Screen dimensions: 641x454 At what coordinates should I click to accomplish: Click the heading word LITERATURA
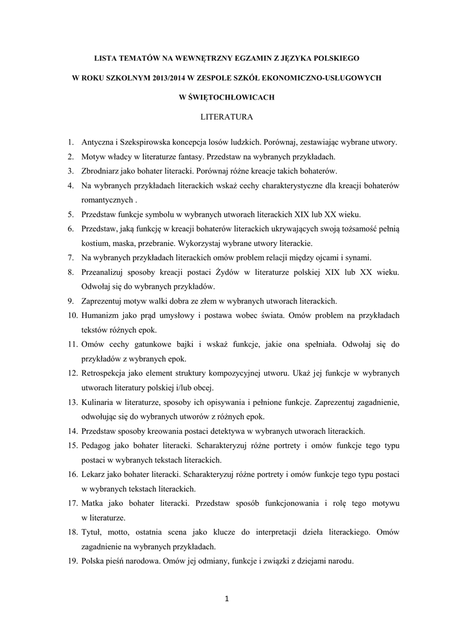(x=227, y=116)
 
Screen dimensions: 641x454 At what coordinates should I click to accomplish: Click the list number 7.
(x=71, y=257)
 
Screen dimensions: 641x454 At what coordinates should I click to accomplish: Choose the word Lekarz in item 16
(x=94, y=474)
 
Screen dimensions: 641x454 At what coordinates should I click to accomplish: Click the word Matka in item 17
(x=93, y=503)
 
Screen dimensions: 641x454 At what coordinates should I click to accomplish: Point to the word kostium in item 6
(x=96, y=243)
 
